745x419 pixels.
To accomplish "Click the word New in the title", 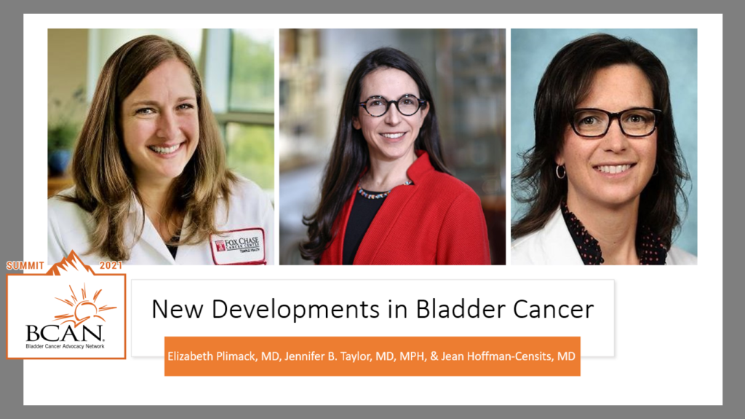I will (x=174, y=309).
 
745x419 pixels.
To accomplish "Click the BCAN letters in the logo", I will (x=65, y=332).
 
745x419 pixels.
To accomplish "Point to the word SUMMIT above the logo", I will (x=25, y=265).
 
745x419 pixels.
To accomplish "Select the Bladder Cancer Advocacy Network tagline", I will (x=65, y=346).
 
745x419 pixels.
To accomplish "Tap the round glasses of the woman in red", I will (x=391, y=105).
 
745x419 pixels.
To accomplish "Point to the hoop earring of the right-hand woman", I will (x=560, y=171).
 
